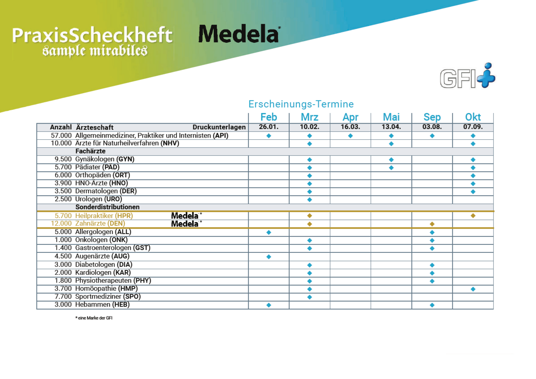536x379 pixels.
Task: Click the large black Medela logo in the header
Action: coord(239,34)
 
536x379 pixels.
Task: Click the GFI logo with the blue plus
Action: coord(467,76)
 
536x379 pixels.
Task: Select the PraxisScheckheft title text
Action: coord(92,35)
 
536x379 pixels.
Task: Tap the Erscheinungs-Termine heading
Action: coord(301,104)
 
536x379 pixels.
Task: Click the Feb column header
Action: coord(269,117)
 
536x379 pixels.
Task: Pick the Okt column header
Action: coord(473,117)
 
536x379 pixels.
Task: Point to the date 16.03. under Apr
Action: coord(350,127)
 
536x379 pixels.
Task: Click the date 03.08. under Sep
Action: coord(432,127)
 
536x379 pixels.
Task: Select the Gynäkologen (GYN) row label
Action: coord(105,159)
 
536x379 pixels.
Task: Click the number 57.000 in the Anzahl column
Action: coord(61,135)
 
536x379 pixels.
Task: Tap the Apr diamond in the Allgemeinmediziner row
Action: coord(350,136)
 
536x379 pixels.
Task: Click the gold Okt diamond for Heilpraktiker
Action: coord(473,216)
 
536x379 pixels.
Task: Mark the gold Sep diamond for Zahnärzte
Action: coord(432,224)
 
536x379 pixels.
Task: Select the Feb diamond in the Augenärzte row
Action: coord(269,257)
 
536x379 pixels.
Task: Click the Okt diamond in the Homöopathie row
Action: coord(473,289)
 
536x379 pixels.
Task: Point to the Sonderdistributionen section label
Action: coord(107,207)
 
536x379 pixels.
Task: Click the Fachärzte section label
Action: coord(90,151)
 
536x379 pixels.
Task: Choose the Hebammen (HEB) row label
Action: coord(102,304)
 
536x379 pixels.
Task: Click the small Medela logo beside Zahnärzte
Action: coord(185,224)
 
